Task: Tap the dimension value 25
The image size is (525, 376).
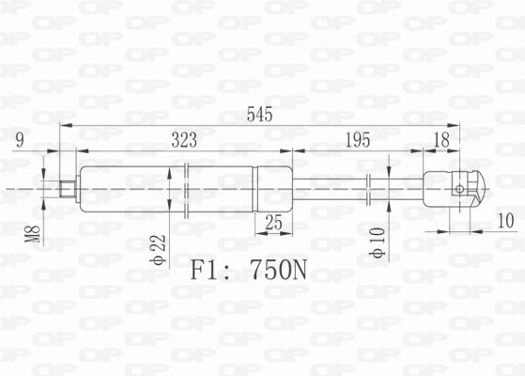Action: coord(274,222)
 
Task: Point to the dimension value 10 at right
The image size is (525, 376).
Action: coord(505,221)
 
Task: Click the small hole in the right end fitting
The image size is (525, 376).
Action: coord(458,189)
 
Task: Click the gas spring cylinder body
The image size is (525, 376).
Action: coord(131,189)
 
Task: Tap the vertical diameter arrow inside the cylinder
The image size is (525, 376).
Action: coord(168,189)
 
